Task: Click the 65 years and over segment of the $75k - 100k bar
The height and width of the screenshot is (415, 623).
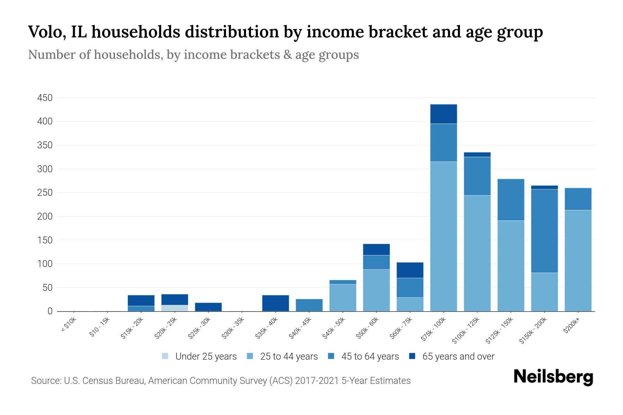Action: [443, 114]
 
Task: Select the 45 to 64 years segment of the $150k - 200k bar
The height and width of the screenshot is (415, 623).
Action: [544, 231]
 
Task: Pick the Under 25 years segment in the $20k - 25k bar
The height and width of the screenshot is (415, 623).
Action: [175, 308]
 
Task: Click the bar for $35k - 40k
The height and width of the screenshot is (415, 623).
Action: [276, 303]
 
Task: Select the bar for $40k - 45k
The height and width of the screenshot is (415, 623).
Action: [309, 305]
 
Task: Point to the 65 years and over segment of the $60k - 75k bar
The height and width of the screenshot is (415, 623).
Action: [410, 270]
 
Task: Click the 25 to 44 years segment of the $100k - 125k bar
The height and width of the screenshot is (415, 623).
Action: [477, 253]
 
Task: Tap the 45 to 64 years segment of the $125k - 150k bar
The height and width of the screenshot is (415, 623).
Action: [511, 200]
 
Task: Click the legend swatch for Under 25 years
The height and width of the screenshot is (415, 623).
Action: [165, 356]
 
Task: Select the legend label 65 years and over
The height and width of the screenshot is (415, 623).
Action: [458, 357]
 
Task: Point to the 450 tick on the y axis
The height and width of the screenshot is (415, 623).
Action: [45, 98]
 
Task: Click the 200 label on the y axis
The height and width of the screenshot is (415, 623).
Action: [45, 216]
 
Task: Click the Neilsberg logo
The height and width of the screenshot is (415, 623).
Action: [553, 377]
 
